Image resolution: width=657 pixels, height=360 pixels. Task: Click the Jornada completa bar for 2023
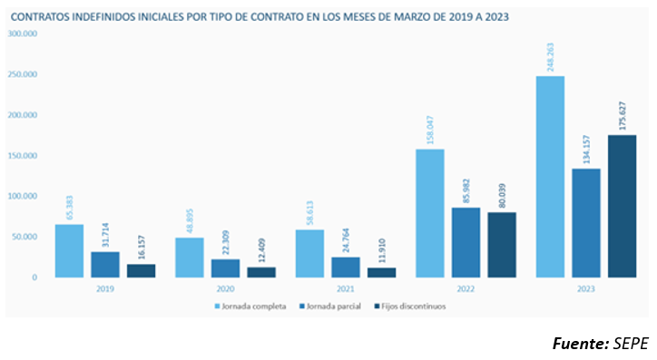(x=550, y=176)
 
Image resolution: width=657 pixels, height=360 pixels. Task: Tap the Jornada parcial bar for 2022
(x=466, y=242)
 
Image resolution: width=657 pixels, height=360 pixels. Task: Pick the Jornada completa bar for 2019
(x=69, y=250)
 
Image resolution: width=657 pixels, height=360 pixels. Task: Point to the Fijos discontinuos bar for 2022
(x=501, y=244)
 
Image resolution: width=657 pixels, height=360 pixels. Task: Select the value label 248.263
(x=550, y=57)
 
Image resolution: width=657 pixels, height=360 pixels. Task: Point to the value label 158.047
(x=429, y=130)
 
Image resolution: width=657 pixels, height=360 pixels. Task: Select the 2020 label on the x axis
(x=225, y=288)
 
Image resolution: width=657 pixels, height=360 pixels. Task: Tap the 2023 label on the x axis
(x=585, y=288)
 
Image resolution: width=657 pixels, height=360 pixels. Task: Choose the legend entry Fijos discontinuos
(x=413, y=306)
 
